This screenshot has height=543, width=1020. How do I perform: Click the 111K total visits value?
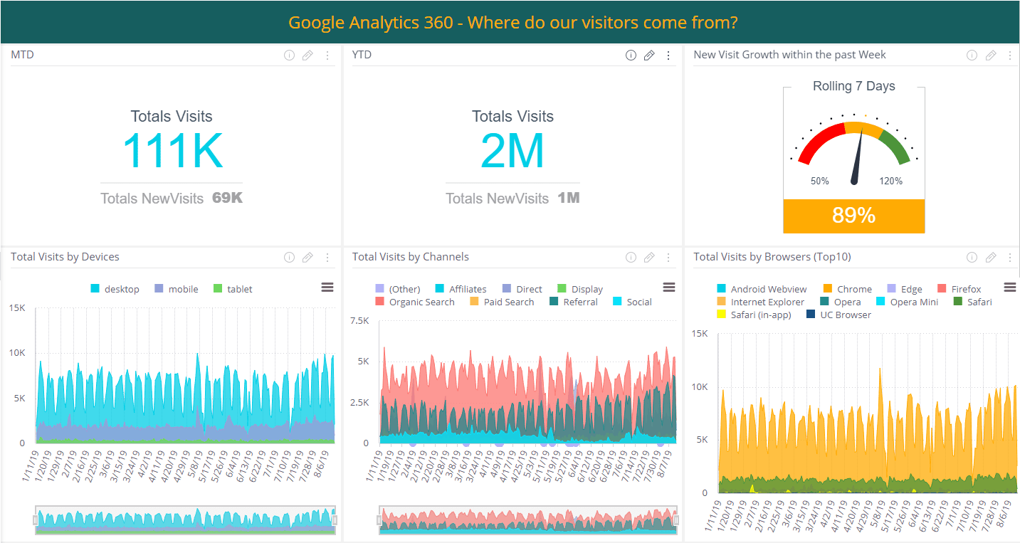pos(172,151)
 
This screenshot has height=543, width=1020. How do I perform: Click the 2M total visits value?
pos(512,151)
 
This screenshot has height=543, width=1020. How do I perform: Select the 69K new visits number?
pos(227,198)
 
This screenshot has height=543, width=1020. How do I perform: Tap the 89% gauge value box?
pos(853,216)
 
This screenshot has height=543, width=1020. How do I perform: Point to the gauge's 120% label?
pos(890,181)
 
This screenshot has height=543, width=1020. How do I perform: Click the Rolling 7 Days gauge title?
pos(853,86)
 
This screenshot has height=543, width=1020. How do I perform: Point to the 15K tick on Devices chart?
pos(17,308)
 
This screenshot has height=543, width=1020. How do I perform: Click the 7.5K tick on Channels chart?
pos(360,321)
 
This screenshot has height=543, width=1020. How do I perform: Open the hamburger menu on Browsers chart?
pos(1009,287)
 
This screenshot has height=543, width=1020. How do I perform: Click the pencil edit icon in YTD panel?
pos(649,56)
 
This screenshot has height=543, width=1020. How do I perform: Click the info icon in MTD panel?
pos(289,56)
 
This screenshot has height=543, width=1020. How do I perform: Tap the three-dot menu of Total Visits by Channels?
pos(668,258)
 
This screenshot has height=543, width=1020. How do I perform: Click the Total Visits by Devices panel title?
pos(65,257)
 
